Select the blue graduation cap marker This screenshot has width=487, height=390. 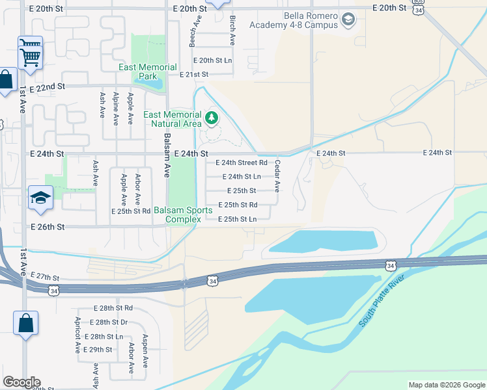pos(40,198)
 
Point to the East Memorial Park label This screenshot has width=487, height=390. pos(148,71)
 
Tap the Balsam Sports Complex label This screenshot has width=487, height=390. pos(182,214)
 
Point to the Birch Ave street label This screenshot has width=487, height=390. pos(232,29)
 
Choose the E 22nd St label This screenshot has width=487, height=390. pos(48,86)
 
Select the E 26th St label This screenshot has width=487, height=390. pos(48,227)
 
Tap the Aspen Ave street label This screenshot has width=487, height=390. pos(145,356)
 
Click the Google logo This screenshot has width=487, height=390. pos(21,382)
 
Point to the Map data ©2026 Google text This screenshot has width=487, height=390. pos(446,385)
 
